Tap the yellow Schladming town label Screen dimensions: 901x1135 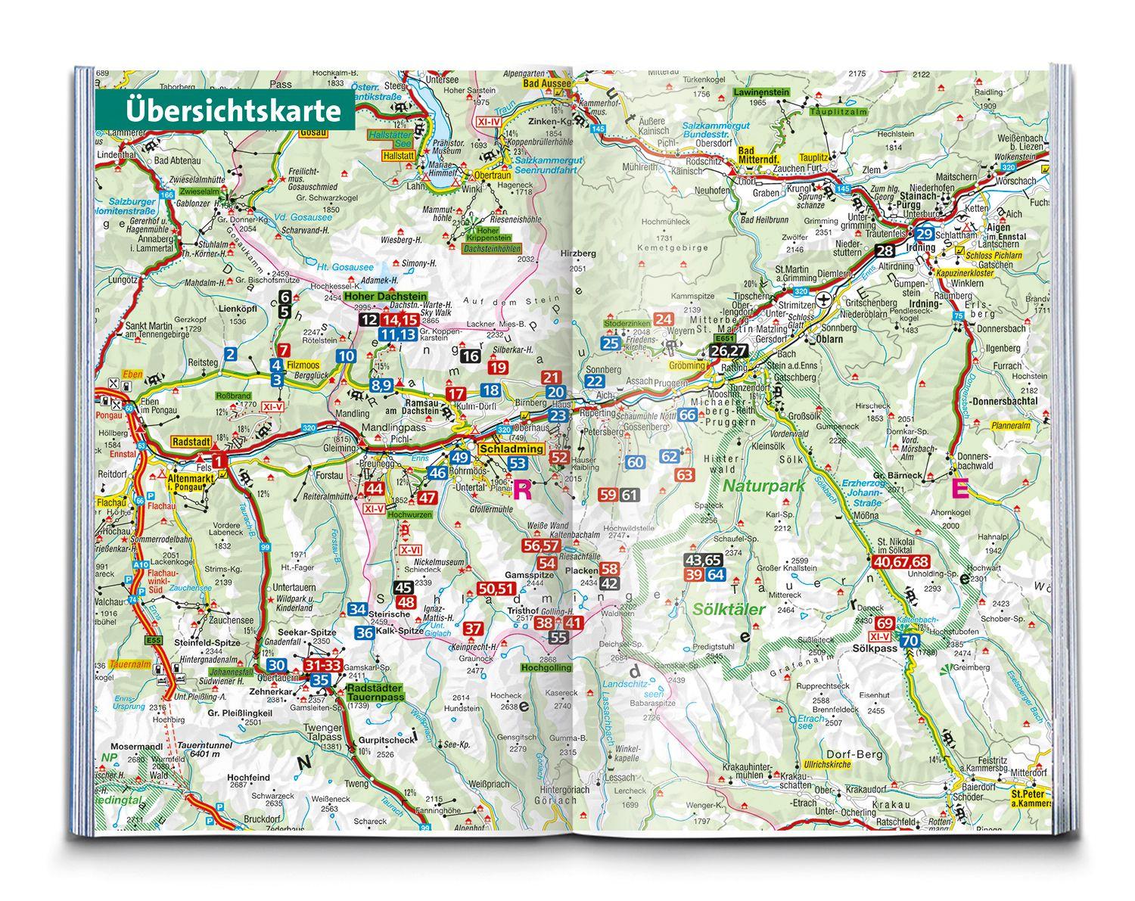point(511,449)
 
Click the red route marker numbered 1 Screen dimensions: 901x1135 point(218,461)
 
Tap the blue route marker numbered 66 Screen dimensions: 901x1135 point(687,415)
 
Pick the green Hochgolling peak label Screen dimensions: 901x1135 point(542,668)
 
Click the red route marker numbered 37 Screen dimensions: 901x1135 point(473,629)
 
